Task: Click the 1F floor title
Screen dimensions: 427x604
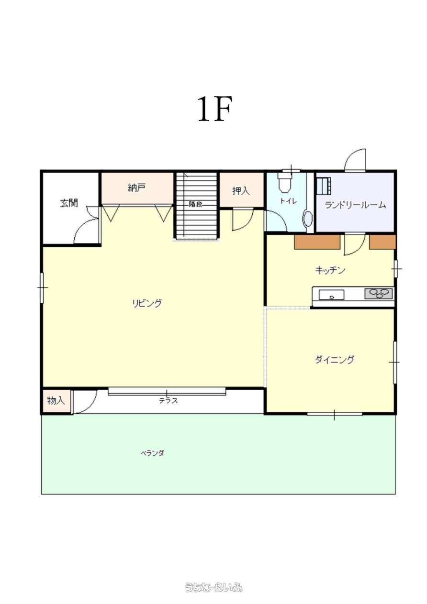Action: point(215,109)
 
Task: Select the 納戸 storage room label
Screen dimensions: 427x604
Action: point(137,188)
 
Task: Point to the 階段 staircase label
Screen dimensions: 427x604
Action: point(195,204)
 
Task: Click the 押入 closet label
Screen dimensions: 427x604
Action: point(241,191)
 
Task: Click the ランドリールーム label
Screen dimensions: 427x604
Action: point(355,205)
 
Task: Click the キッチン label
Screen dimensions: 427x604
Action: point(330,270)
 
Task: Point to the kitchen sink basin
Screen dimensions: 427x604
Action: point(331,295)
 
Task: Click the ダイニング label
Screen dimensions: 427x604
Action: point(335,360)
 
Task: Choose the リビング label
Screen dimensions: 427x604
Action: point(147,303)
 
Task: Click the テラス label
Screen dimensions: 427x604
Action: point(168,401)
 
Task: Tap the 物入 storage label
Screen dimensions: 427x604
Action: point(56,400)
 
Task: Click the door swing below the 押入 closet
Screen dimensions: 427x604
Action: point(243,220)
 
